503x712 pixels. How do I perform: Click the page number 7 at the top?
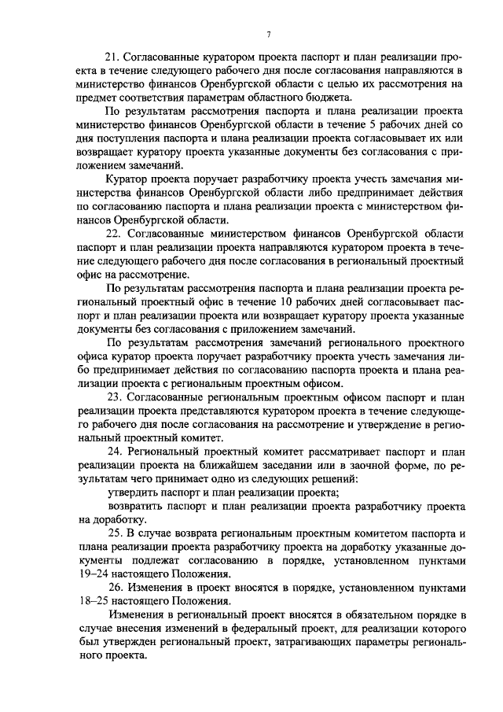(x=269, y=34)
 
